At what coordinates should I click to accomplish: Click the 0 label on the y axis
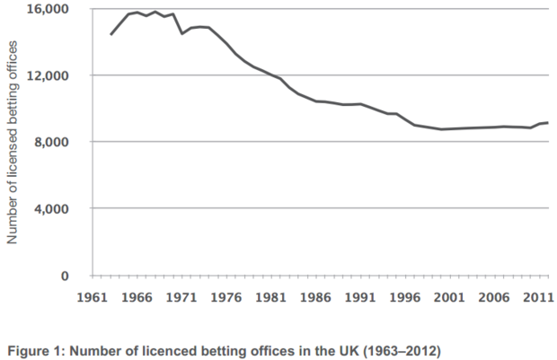(x=66, y=276)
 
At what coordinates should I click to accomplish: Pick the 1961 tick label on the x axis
(x=93, y=297)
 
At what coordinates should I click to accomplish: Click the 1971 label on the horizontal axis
(x=181, y=297)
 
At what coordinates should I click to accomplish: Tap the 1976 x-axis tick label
(x=226, y=297)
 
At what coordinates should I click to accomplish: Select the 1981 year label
(x=271, y=297)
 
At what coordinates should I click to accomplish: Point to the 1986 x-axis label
(x=316, y=297)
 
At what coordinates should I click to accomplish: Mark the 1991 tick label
(x=361, y=297)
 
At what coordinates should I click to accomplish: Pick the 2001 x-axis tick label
(x=450, y=297)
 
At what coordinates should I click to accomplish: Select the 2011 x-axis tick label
(x=536, y=297)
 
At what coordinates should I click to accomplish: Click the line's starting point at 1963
(x=111, y=34)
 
